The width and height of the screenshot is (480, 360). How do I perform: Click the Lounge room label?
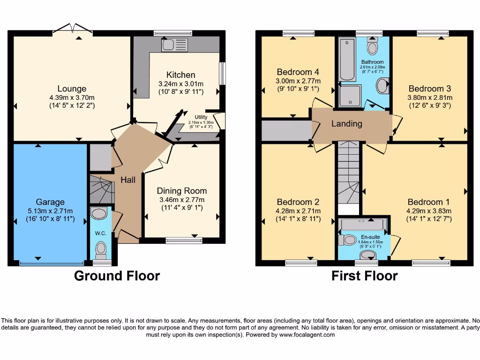tap(72, 89)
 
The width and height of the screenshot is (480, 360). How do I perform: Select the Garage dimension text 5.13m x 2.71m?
tap(50, 210)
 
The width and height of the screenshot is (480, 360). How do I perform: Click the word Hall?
tap(128, 180)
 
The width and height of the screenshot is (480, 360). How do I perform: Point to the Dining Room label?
tap(181, 191)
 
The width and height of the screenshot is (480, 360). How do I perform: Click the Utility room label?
tap(201, 117)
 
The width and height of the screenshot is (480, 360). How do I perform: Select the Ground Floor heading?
tap(117, 276)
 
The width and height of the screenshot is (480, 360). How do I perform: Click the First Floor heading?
tap(364, 276)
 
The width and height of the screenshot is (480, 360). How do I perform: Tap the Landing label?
tap(346, 124)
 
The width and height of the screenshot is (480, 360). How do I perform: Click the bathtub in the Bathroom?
tap(348, 60)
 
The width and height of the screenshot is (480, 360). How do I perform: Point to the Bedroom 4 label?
tap(298, 72)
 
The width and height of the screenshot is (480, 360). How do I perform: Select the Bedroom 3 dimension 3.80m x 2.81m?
tap(429, 97)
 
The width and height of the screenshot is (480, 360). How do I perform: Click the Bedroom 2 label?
tap(298, 202)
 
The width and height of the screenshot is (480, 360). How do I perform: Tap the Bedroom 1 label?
tap(428, 202)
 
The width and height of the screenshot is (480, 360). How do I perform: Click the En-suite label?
tap(370, 237)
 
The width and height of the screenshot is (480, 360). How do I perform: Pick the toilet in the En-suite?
tap(348, 240)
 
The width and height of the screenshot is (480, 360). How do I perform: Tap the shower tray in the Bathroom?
tap(350, 96)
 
